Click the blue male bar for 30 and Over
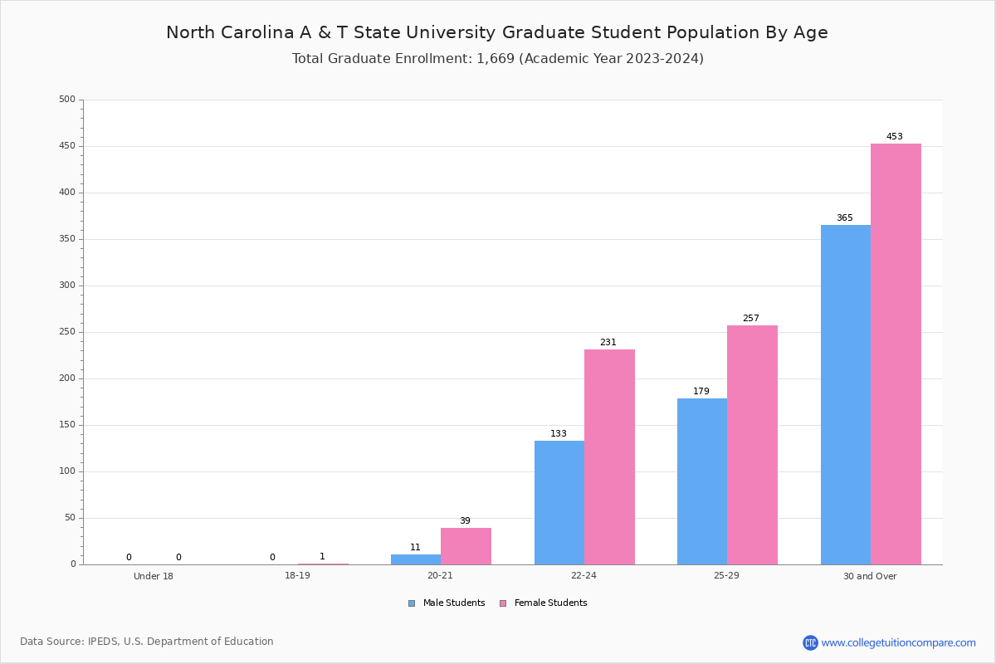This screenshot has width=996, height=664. tap(846, 394)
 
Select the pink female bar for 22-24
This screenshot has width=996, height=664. tap(609, 456)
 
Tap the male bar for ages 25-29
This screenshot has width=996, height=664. tap(702, 481)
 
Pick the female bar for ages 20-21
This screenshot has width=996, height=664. tap(466, 546)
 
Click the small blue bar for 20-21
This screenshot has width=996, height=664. tap(416, 559)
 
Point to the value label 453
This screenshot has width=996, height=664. tap(894, 137)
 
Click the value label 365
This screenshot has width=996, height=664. tap(844, 218)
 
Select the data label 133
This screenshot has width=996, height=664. tap(559, 434)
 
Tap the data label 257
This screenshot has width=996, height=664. tap(751, 319)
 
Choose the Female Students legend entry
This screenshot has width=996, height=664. tap(544, 603)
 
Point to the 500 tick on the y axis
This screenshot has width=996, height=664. tap(67, 100)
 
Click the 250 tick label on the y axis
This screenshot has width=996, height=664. tap(67, 332)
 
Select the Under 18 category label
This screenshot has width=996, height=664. tap(154, 576)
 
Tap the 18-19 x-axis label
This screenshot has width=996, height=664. tap(297, 576)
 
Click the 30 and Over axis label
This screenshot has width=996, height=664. tap(870, 576)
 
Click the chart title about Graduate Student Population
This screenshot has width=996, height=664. tap(497, 32)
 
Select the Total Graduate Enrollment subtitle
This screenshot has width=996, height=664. tap(497, 59)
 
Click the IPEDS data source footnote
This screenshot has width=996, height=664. tap(147, 642)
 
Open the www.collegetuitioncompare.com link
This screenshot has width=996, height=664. tap(898, 642)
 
